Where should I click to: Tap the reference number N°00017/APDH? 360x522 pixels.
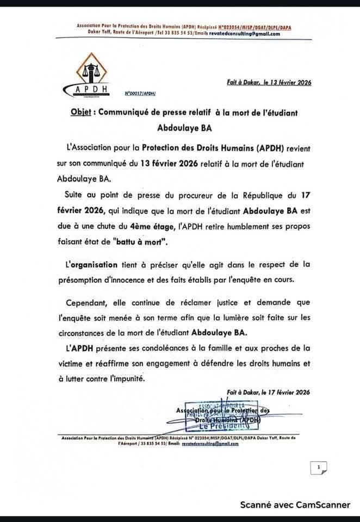coord(140,93)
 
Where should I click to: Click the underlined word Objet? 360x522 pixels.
coord(82,112)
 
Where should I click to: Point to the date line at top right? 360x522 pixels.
coord(269,83)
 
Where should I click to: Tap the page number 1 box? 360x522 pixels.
coord(318,466)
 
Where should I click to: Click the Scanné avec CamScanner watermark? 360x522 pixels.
coord(295,505)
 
